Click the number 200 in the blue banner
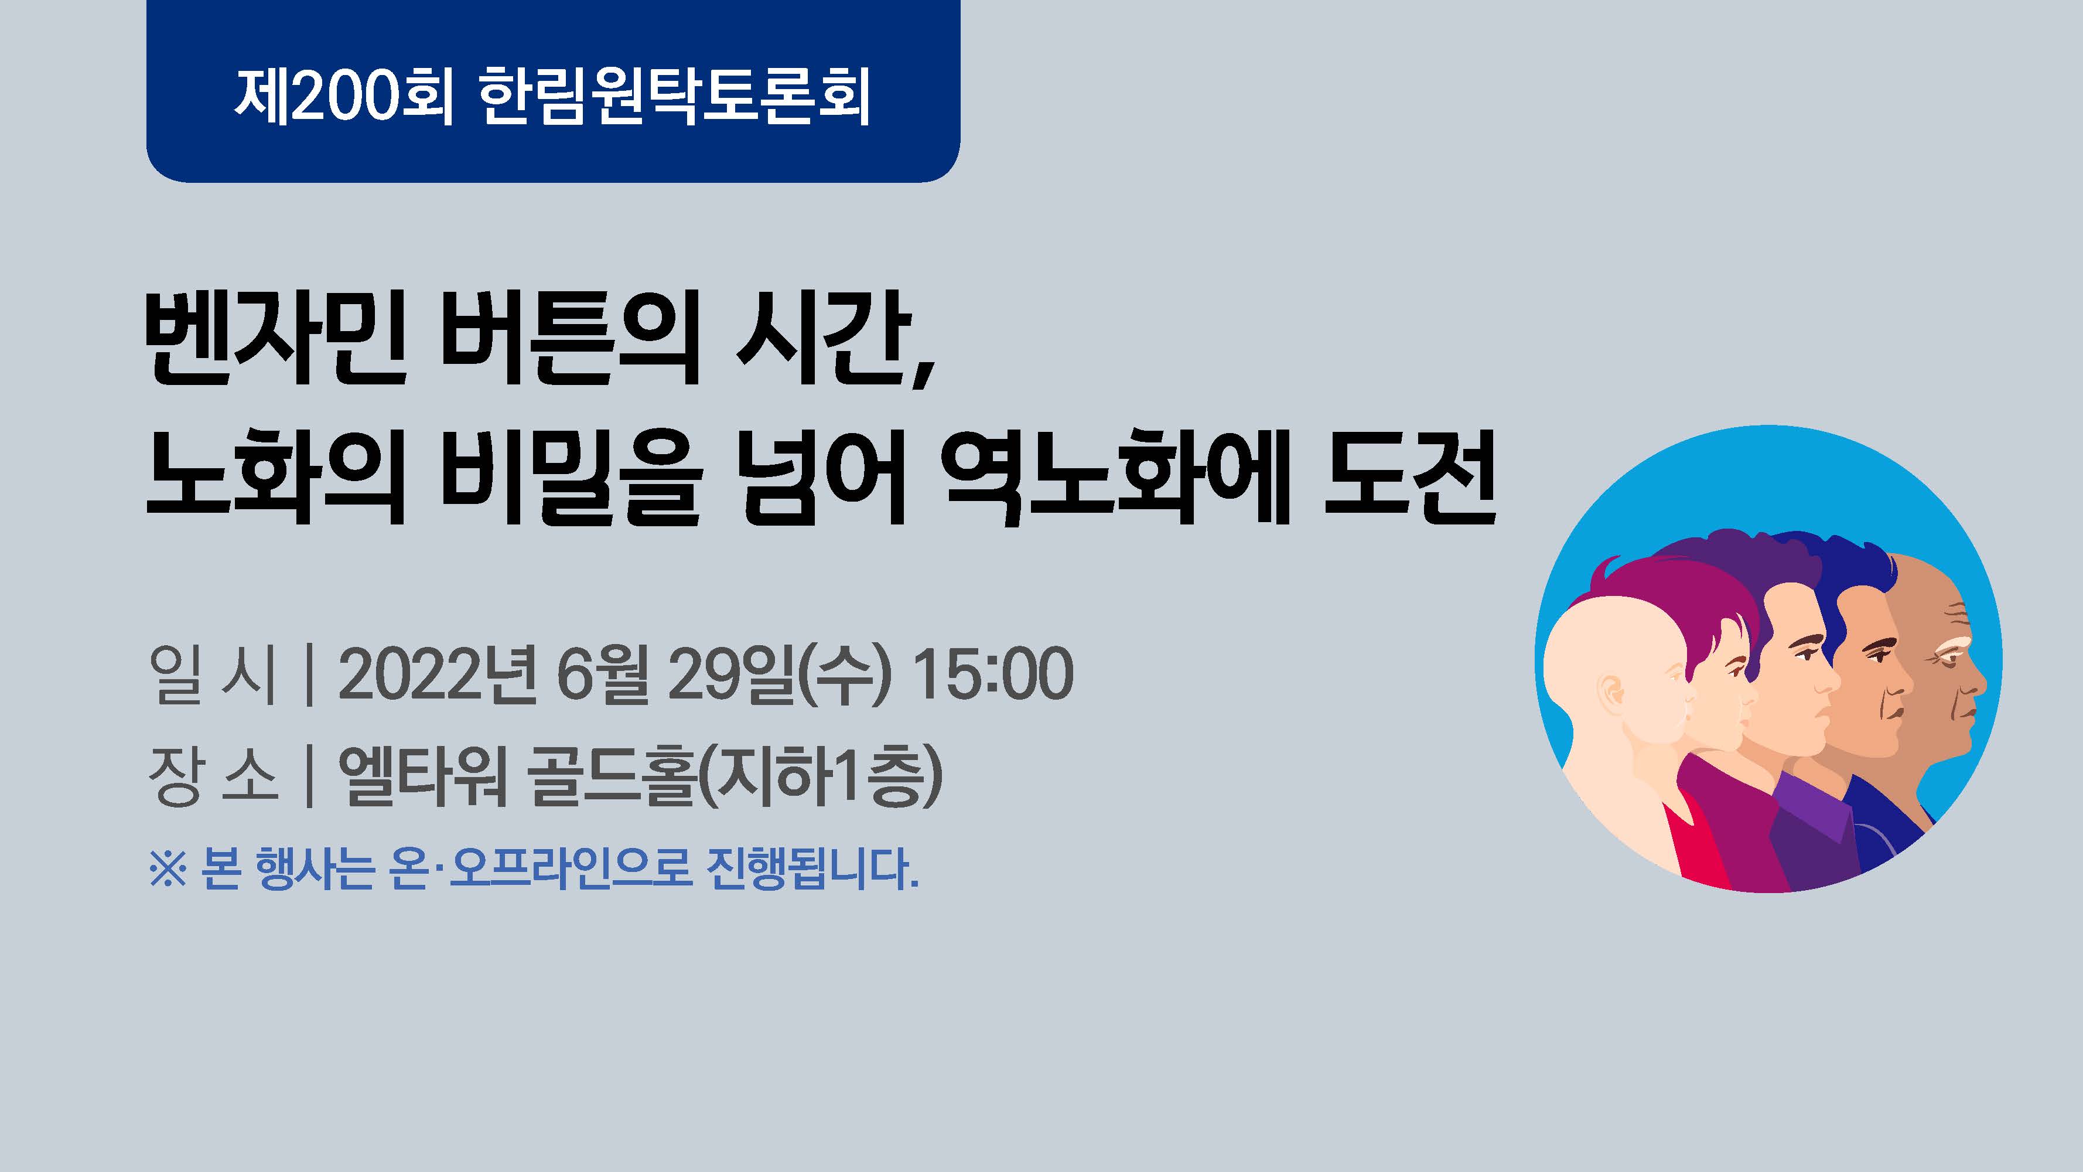pyautogui.click(x=346, y=96)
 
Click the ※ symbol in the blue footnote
pyautogui.click(x=168, y=872)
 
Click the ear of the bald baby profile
pyautogui.click(x=1611, y=694)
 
